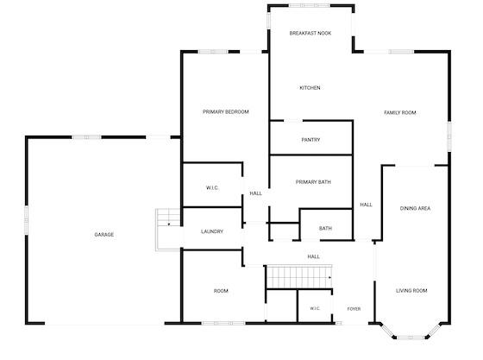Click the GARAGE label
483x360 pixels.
[x=104, y=235]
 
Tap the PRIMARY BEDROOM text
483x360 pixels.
[x=226, y=112]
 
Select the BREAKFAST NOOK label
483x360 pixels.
[x=310, y=34]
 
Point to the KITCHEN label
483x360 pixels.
[x=310, y=88]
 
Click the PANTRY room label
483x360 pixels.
[x=310, y=140]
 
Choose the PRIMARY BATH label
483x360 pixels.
[x=313, y=182]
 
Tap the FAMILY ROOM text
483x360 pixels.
[x=400, y=113]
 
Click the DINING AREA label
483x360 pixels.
[x=415, y=208]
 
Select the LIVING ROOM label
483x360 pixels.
[x=411, y=291]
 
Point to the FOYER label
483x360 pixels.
[x=354, y=309]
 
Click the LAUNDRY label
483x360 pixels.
[x=212, y=231]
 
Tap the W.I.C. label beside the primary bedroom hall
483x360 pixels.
[x=212, y=187]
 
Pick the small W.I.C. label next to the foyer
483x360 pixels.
[x=315, y=308]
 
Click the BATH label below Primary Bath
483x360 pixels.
[x=326, y=229]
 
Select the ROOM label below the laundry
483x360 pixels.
[x=221, y=291]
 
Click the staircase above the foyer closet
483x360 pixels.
[x=299, y=277]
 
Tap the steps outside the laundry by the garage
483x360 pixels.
[x=168, y=230]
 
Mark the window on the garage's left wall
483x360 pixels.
[x=27, y=220]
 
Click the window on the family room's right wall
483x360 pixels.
[x=449, y=136]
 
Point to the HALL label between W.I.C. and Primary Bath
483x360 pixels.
[x=255, y=193]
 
